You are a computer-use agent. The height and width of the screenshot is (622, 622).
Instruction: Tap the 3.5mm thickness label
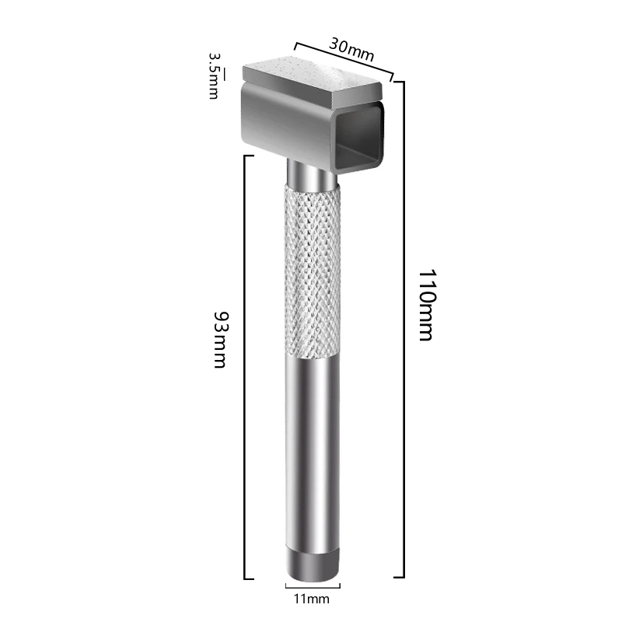212,75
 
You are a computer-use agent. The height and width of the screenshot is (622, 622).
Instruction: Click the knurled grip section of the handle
312,272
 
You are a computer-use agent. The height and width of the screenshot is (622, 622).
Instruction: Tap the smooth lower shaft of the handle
312,451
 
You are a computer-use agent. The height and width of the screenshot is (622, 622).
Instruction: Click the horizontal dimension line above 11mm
312,585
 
